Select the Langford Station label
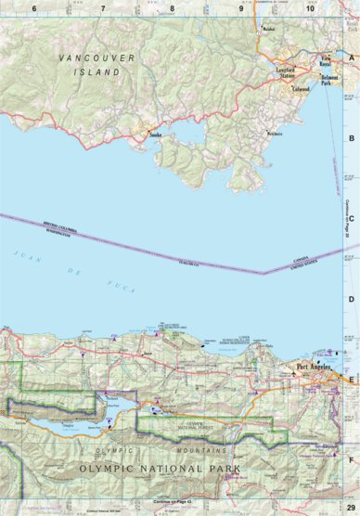[290, 70]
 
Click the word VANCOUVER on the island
[96, 58]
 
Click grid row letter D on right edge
[352, 300]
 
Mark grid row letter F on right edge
[352, 458]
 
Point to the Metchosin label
[275, 134]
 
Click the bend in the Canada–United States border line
[264, 273]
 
